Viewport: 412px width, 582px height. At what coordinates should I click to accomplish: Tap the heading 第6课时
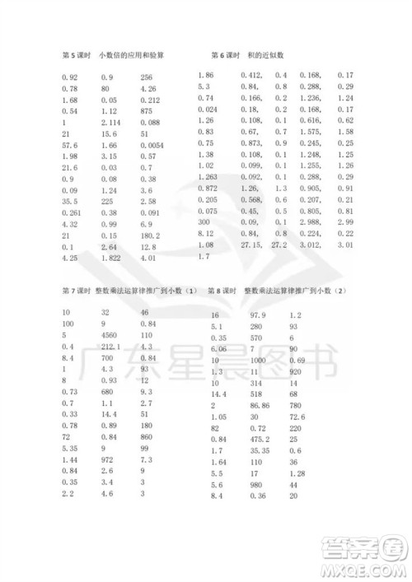[227, 55]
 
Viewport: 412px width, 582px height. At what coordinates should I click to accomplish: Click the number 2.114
[110, 122]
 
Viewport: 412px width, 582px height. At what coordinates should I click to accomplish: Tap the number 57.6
[69, 144]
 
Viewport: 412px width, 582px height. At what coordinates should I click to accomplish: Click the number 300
[204, 221]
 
